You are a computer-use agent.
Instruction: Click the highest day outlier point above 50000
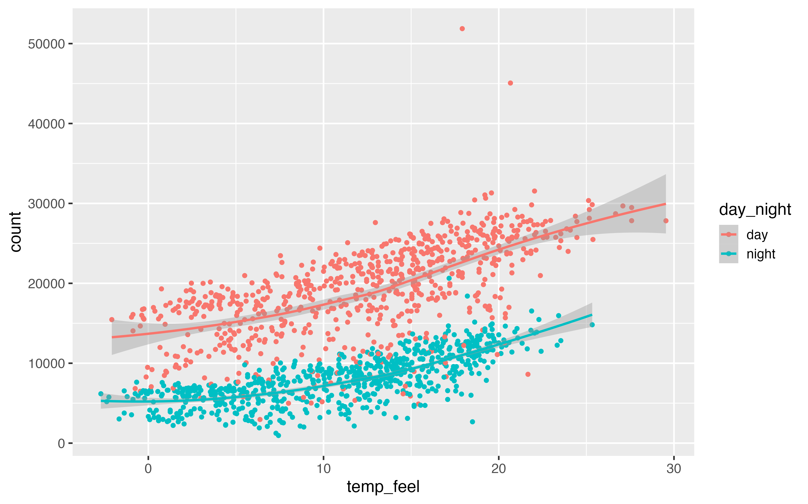462,29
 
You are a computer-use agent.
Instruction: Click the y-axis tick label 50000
46,44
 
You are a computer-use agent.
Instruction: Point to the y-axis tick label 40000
46,124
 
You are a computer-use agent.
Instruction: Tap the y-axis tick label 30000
46,204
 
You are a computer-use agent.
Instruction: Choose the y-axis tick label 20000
46,284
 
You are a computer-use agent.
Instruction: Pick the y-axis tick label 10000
46,363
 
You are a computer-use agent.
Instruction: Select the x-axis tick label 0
148,469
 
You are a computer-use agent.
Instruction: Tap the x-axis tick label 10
323,469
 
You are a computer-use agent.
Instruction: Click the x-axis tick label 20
499,469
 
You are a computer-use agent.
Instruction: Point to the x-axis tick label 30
674,469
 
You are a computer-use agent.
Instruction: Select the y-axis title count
16,232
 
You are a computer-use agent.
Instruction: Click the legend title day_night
755,210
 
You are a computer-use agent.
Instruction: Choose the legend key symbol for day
728,235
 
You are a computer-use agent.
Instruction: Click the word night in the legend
761,254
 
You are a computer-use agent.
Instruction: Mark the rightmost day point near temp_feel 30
666,221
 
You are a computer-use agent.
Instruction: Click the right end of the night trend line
592,315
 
